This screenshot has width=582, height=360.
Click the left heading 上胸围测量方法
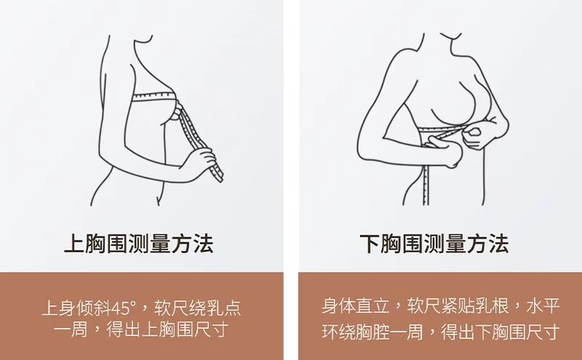[x=139, y=244]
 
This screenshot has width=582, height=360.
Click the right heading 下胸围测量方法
[x=434, y=244]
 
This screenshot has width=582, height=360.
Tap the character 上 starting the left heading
[x=75, y=244]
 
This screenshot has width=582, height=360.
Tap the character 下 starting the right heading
[x=370, y=244]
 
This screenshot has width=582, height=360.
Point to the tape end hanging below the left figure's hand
[x=217, y=172]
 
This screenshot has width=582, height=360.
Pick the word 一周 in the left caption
[x=70, y=329]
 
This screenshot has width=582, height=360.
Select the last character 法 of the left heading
[x=203, y=244]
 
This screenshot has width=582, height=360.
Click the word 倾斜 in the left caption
[x=94, y=308]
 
